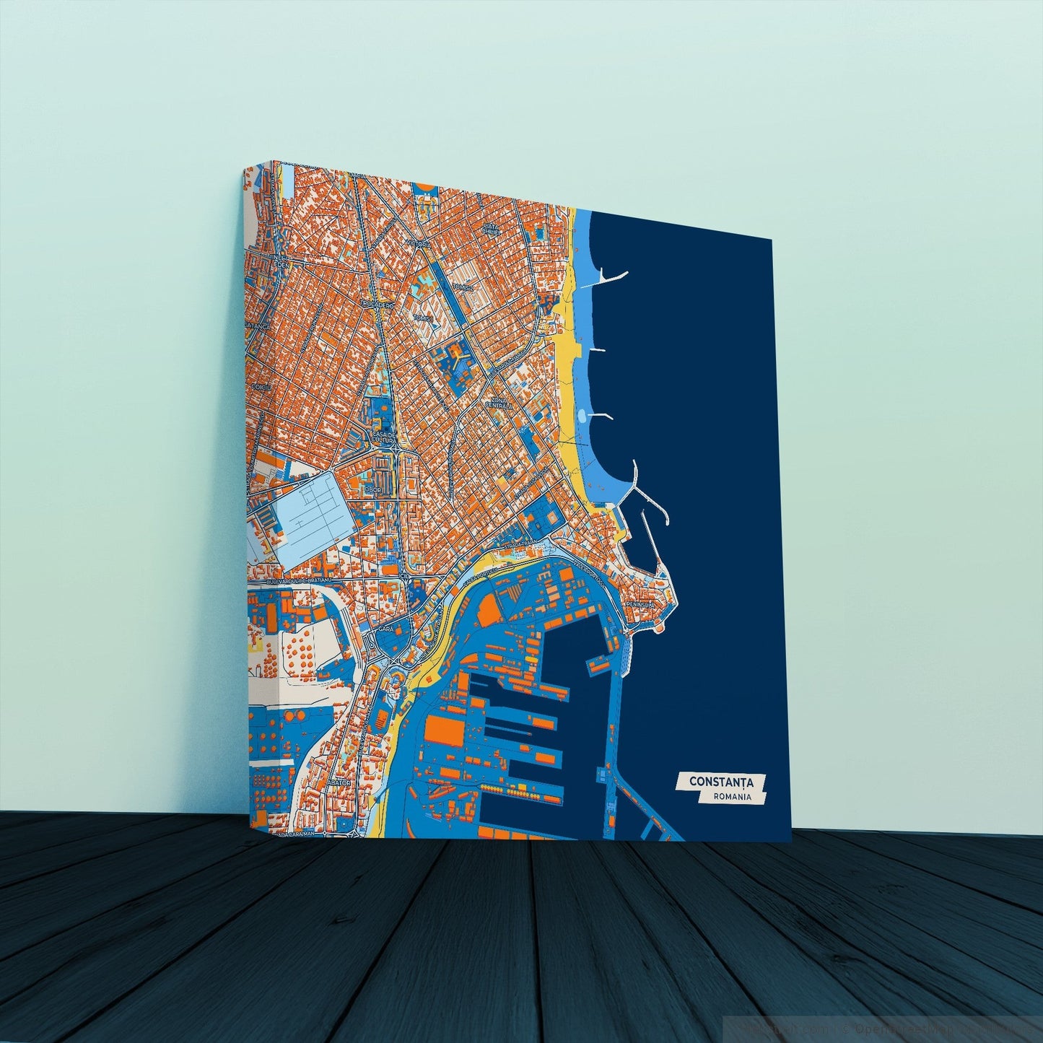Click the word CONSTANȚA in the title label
click(x=721, y=782)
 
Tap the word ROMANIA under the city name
click(x=730, y=798)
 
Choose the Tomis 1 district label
click(x=422, y=318)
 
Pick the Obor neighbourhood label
click(x=372, y=490)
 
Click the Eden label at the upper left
click(x=276, y=265)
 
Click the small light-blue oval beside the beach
click(x=582, y=416)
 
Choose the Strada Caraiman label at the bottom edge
click(x=293, y=834)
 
